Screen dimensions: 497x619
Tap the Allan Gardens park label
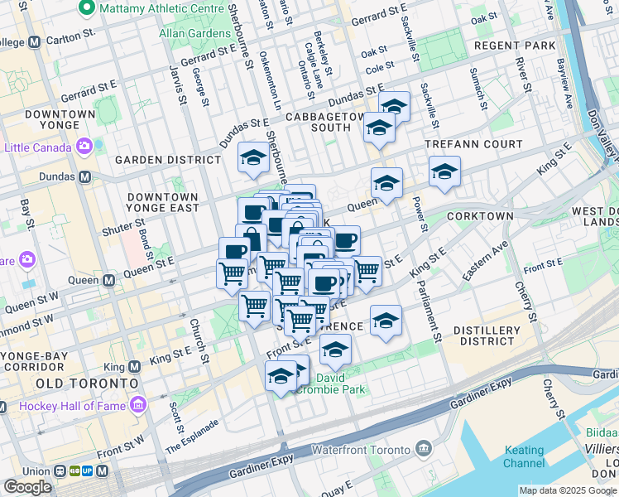pyautogui.click(x=196, y=34)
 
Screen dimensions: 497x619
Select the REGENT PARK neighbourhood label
pyautogui.click(x=512, y=45)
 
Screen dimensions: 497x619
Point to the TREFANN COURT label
pyautogui.click(x=474, y=144)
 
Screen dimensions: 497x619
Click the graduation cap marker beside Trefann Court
pyautogui.click(x=444, y=171)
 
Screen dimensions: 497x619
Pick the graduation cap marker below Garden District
pyautogui.click(x=253, y=157)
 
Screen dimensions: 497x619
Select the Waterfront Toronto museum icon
pyautogui.click(x=424, y=450)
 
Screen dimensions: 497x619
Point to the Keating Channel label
pyautogui.click(x=525, y=456)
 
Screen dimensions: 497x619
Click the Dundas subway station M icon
pyautogui.click(x=84, y=176)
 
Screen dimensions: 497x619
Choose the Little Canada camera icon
pyautogui.click(x=84, y=147)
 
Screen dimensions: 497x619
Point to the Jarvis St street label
pyautogui.click(x=177, y=84)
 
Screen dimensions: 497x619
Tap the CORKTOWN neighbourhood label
pyautogui.click(x=480, y=215)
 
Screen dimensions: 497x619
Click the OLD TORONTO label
pyautogui.click(x=87, y=384)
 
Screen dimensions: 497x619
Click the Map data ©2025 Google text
pyautogui.click(x=568, y=490)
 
